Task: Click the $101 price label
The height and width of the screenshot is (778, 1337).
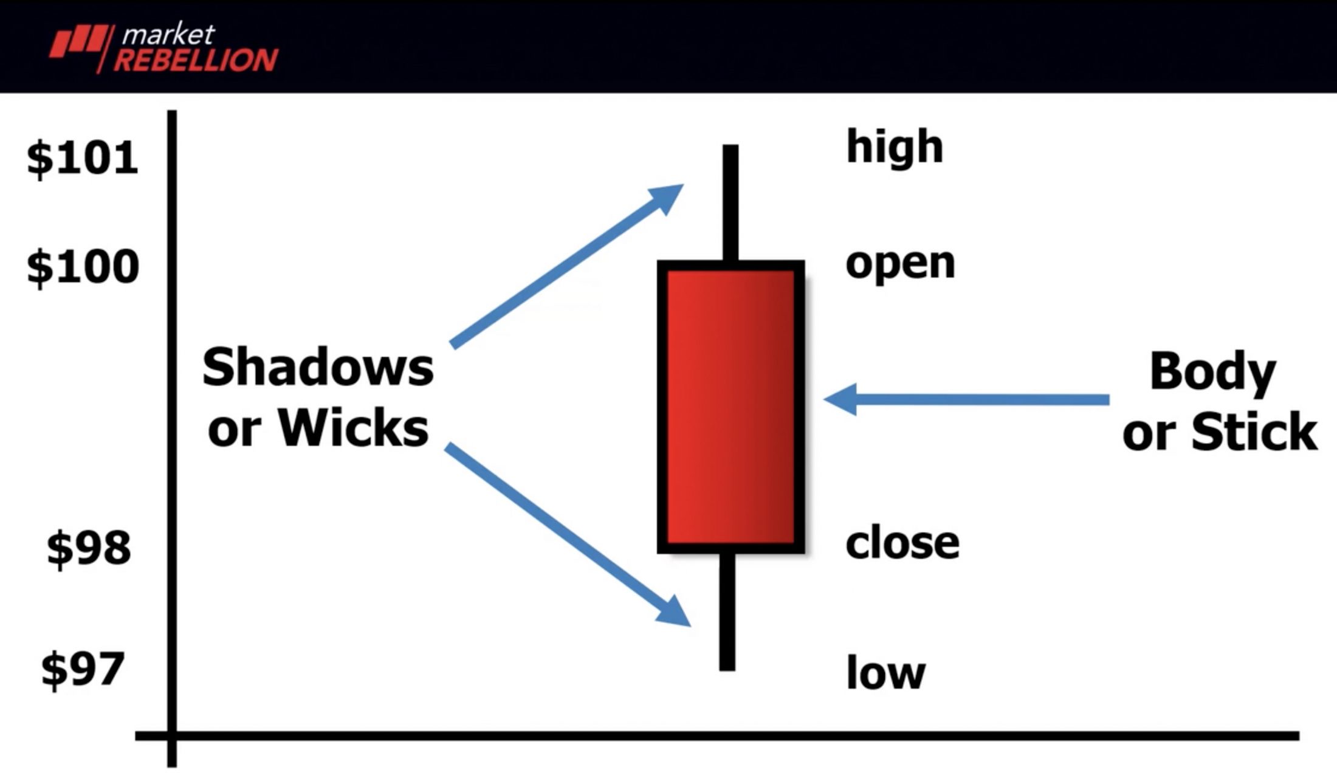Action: (x=83, y=158)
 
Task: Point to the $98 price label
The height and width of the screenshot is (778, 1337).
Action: (x=89, y=548)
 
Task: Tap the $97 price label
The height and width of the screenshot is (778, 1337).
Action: (x=83, y=669)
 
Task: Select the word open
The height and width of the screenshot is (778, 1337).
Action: (x=901, y=266)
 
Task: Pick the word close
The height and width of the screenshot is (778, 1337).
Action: (x=902, y=542)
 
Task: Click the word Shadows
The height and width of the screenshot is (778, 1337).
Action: (x=318, y=367)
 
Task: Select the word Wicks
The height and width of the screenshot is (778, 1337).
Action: (x=354, y=428)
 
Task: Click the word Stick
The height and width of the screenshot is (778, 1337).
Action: (x=1254, y=431)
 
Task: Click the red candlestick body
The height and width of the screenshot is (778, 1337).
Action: (x=731, y=407)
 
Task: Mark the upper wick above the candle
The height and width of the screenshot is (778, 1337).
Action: (x=730, y=203)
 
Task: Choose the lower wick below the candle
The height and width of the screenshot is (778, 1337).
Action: (x=727, y=611)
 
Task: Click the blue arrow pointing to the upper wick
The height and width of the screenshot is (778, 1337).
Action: (x=566, y=266)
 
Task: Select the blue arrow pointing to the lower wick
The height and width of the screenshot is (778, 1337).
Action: (x=568, y=535)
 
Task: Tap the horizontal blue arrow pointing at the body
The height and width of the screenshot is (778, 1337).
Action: (x=966, y=399)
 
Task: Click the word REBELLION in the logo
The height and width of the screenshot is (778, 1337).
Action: (x=196, y=60)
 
